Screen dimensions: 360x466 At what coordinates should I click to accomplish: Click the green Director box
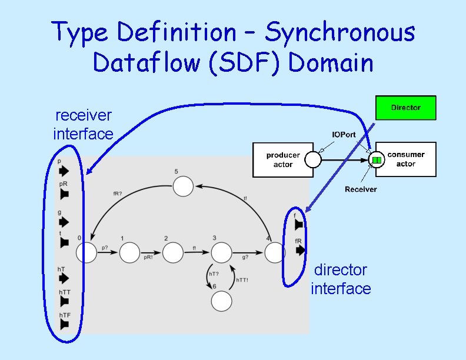(x=405, y=108)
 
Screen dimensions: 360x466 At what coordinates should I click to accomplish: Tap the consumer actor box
(x=405, y=159)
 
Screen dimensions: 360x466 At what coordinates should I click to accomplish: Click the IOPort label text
(x=344, y=135)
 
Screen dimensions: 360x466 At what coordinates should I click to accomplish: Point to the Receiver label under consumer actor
(x=361, y=189)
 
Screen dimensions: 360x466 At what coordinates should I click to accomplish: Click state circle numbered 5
(x=183, y=186)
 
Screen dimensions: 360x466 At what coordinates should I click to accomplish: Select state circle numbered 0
(x=86, y=253)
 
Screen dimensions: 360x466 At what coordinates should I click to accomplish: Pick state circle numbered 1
(x=129, y=253)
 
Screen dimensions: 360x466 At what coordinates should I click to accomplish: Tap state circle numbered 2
(x=173, y=253)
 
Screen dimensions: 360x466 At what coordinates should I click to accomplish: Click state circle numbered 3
(x=222, y=253)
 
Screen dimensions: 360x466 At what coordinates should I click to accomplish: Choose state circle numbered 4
(x=274, y=253)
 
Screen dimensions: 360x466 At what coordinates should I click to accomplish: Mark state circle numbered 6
(x=222, y=301)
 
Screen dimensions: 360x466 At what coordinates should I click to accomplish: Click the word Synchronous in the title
(x=339, y=32)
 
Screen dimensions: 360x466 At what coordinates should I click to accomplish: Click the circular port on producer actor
(x=312, y=159)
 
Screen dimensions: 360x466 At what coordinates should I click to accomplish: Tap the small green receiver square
(x=377, y=160)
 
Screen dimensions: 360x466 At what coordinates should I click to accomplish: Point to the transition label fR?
(x=117, y=194)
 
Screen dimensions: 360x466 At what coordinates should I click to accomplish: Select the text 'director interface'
(x=341, y=279)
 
